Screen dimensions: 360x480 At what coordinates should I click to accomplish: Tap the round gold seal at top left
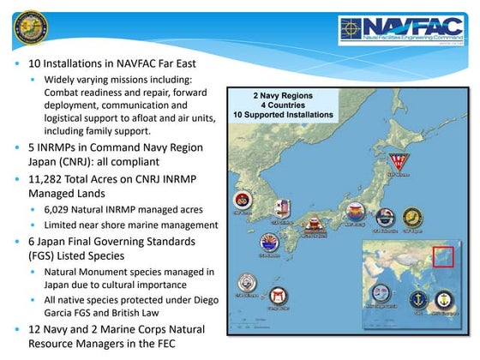pyautogui.click(x=31, y=27)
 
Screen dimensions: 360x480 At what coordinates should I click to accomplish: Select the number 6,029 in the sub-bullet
pyautogui.click(x=62, y=209)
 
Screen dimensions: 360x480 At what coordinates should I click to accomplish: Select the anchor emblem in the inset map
pyautogui.click(x=414, y=301)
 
